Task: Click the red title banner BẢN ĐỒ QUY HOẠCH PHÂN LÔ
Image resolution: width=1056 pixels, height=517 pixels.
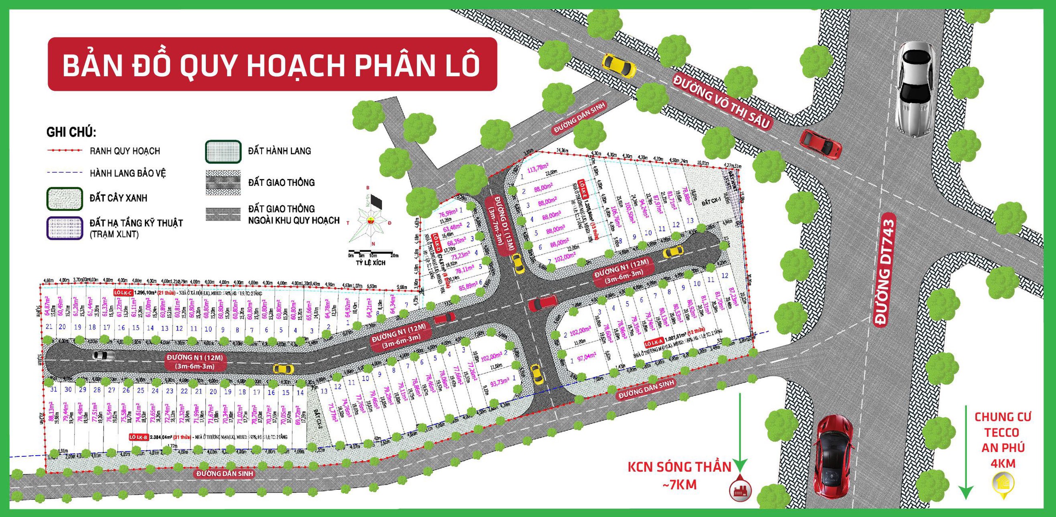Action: click(x=272, y=64)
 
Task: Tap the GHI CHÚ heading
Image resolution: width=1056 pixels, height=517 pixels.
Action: click(x=71, y=132)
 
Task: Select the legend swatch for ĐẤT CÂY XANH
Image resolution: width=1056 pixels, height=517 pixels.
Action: click(x=65, y=199)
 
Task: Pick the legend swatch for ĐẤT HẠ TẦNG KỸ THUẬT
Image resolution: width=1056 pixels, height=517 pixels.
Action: click(x=65, y=228)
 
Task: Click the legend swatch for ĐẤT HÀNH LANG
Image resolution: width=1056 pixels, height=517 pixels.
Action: click(x=223, y=152)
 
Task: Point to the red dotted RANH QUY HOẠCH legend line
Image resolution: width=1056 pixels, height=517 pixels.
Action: click(x=65, y=150)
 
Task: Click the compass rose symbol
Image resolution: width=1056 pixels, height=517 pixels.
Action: click(x=368, y=219)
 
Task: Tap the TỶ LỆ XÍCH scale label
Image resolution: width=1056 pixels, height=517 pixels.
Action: click(x=370, y=263)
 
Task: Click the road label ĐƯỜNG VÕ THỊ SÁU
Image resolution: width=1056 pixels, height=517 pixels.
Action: click(x=722, y=101)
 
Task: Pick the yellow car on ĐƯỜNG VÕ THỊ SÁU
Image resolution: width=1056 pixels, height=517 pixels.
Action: click(x=618, y=65)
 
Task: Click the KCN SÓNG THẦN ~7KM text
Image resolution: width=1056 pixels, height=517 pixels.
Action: click(x=679, y=475)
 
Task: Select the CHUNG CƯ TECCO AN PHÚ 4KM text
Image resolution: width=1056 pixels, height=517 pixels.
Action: click(x=1003, y=440)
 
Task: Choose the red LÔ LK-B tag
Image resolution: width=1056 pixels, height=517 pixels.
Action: click(x=139, y=437)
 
